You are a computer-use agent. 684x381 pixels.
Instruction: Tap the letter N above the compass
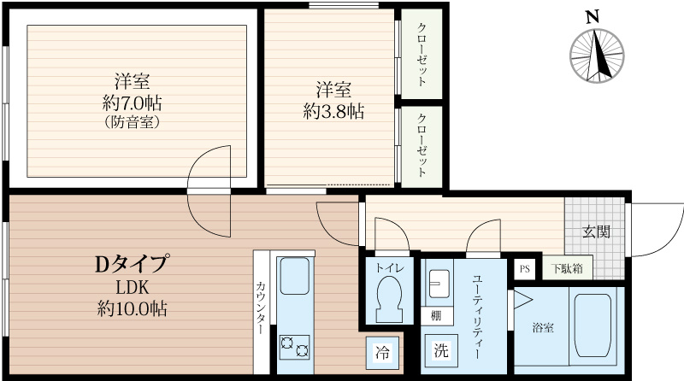[591, 16]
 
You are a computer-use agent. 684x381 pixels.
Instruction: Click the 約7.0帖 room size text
[133, 103]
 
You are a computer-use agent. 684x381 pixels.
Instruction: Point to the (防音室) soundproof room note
[133, 121]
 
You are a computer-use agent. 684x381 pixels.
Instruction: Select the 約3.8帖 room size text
[333, 111]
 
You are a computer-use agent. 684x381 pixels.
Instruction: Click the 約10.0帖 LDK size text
[132, 308]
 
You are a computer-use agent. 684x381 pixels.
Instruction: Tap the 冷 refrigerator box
[383, 351]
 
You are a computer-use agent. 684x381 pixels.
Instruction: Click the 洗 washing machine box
[440, 349]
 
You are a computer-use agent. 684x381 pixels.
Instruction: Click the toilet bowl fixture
[389, 298]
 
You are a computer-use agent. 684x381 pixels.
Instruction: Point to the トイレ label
[389, 267]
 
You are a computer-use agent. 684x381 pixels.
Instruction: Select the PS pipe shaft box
[524, 268]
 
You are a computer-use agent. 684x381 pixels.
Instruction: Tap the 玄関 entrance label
[596, 232]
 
